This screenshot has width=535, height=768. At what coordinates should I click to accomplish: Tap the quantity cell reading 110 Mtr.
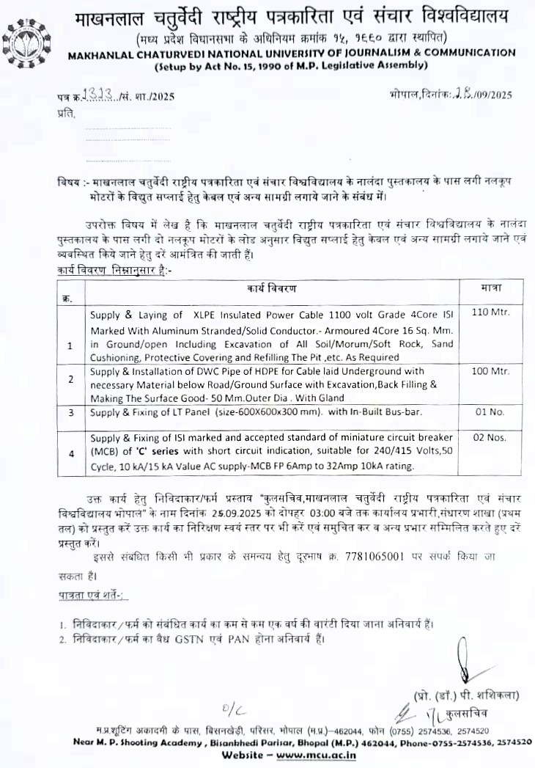pyautogui.click(x=490, y=312)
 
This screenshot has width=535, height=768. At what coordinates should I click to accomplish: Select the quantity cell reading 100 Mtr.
pyautogui.click(x=490, y=372)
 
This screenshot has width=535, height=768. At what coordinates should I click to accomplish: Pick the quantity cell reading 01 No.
pyautogui.click(x=490, y=412)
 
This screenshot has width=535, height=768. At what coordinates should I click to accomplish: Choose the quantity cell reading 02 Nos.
pyautogui.click(x=490, y=438)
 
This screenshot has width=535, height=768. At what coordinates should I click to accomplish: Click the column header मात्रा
pyautogui.click(x=491, y=288)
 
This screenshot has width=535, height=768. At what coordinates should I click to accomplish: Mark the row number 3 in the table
pyautogui.click(x=71, y=413)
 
